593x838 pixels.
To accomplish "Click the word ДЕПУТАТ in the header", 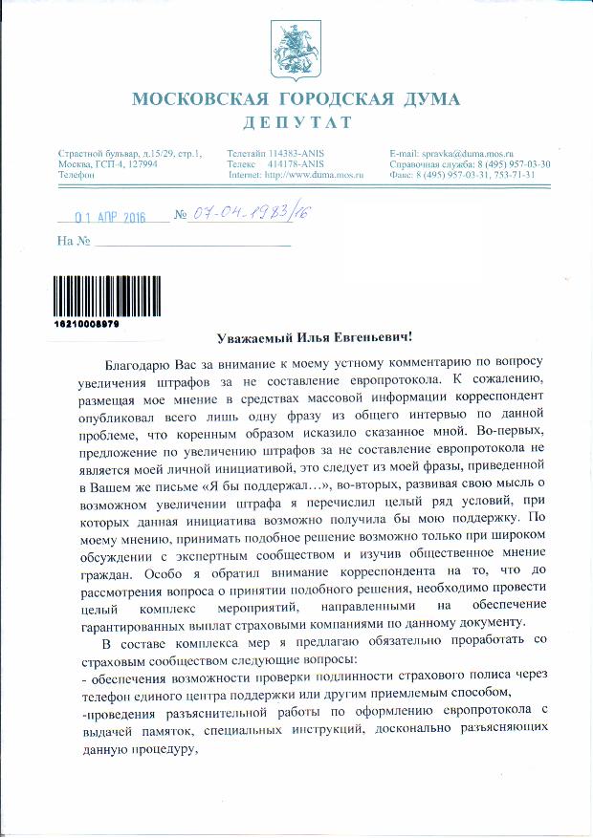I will [x=296, y=122].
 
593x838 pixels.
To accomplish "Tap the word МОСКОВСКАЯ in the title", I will [x=189, y=99].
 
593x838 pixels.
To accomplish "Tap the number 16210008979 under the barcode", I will [x=87, y=324].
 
